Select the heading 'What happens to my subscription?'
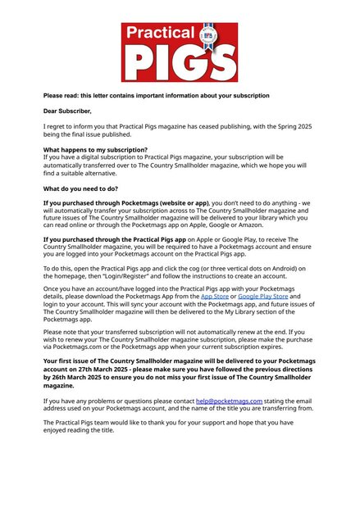95,149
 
